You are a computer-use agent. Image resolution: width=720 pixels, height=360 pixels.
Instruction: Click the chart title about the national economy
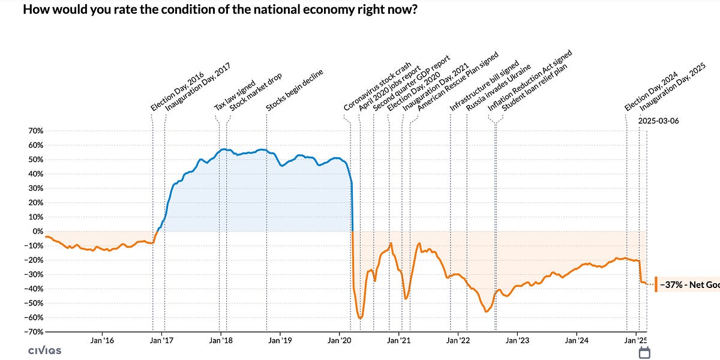coord(220,10)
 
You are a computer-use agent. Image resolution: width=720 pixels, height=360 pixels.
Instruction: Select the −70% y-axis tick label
coord(32,332)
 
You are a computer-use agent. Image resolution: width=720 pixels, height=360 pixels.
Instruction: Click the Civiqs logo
coord(44,350)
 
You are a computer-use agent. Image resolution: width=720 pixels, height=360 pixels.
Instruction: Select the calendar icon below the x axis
coord(645,352)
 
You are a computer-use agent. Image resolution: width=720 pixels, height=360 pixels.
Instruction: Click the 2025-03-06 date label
coord(659,121)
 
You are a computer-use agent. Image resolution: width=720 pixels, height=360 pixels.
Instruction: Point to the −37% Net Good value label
coord(690,284)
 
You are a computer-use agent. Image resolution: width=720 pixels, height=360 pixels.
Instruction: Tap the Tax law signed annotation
coord(235,94)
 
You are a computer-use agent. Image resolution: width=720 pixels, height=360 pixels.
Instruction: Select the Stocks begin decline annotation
coord(295,91)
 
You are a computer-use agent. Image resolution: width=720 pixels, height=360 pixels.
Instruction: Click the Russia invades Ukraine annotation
coord(499,87)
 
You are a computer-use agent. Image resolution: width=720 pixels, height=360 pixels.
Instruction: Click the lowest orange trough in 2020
coord(360,318)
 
